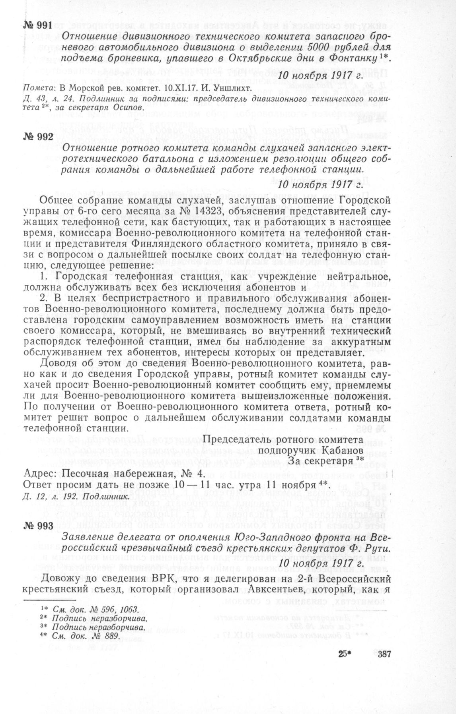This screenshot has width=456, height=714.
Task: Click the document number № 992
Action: pos(37,137)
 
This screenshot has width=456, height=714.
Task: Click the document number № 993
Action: pos(37,525)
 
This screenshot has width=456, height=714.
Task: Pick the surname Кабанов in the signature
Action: pos(343,450)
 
